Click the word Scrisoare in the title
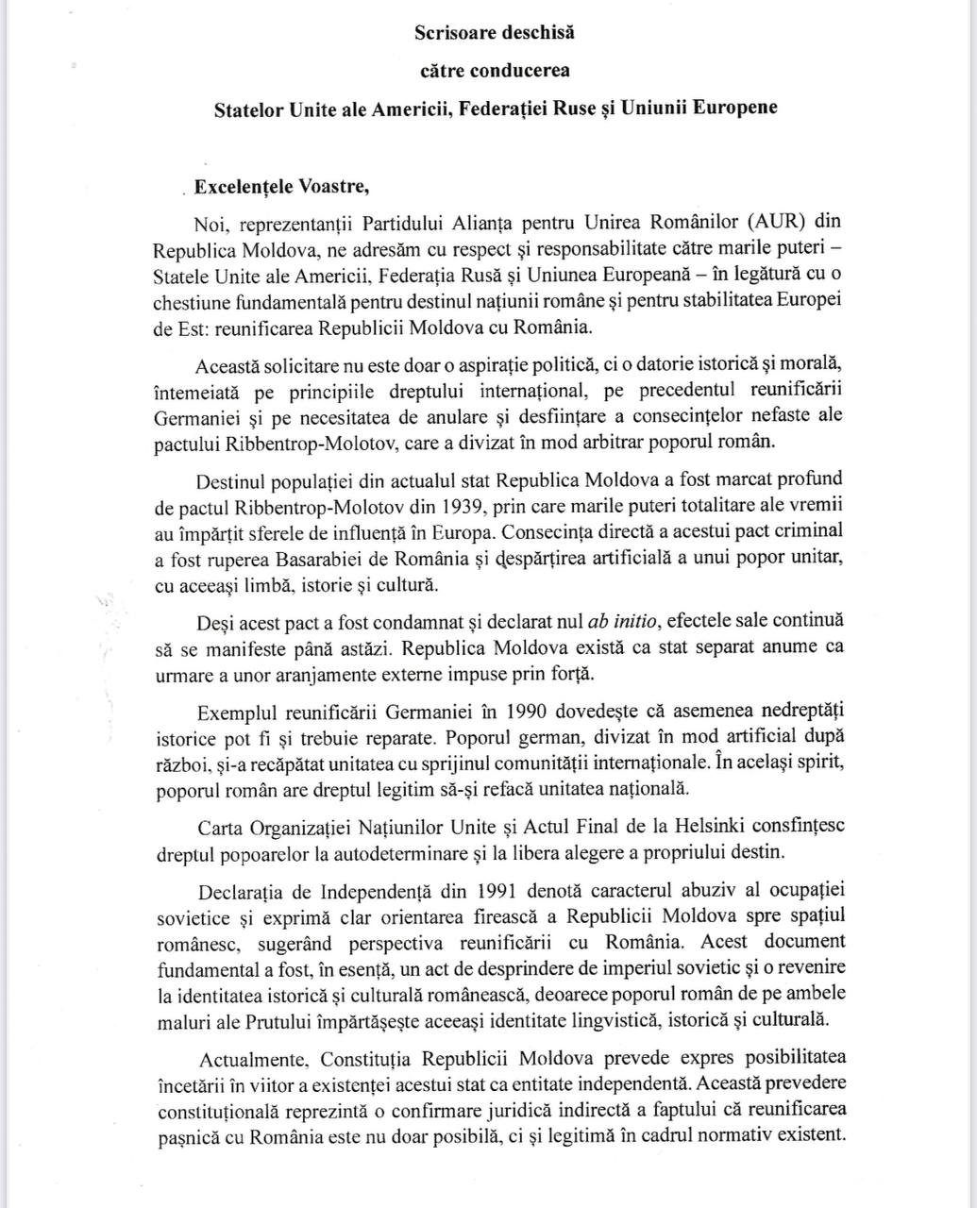coord(450,32)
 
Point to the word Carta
coord(220,827)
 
